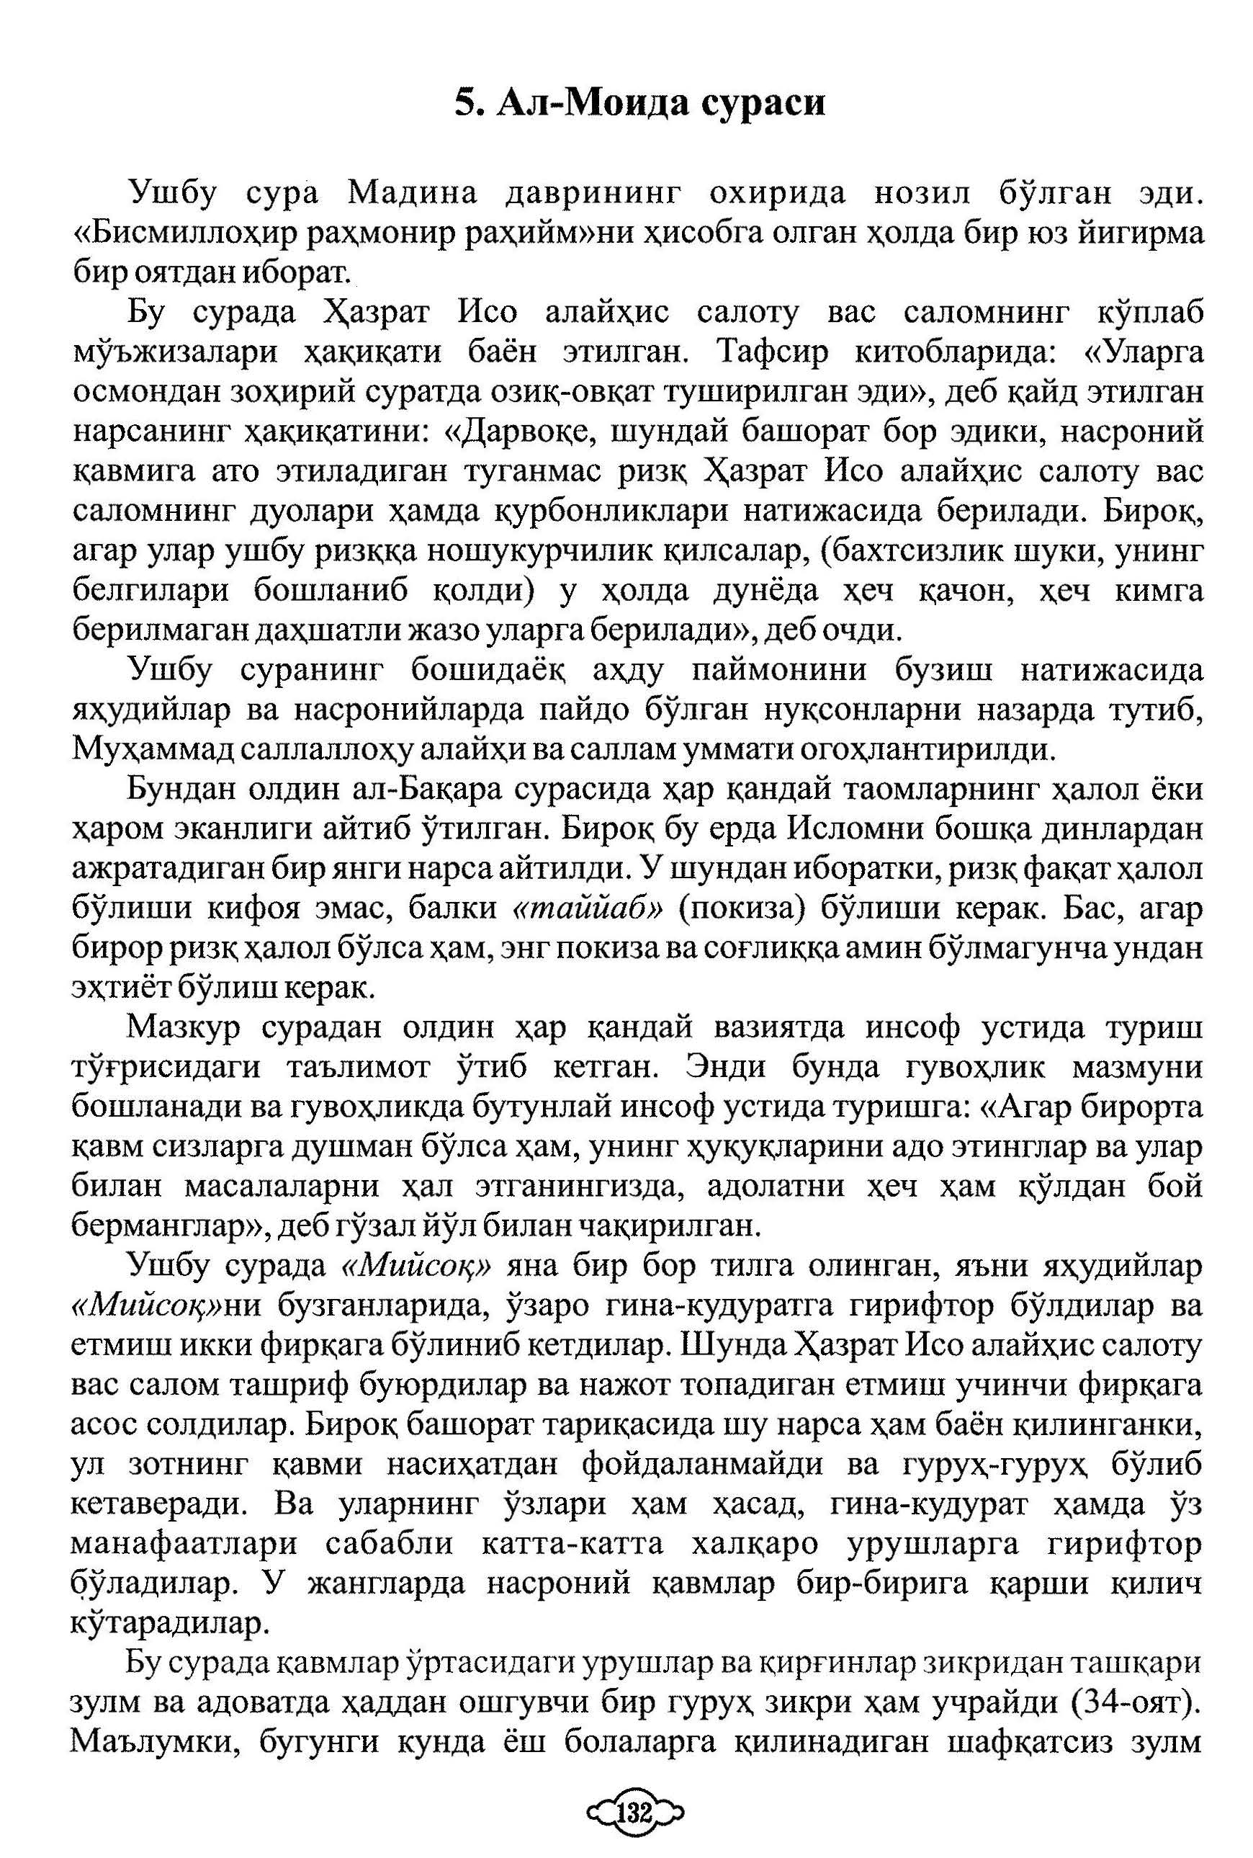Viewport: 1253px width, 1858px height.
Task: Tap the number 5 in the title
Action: (x=464, y=104)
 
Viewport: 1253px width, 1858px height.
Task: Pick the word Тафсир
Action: (x=773, y=352)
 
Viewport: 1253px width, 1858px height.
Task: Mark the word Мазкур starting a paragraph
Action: (x=183, y=1028)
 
